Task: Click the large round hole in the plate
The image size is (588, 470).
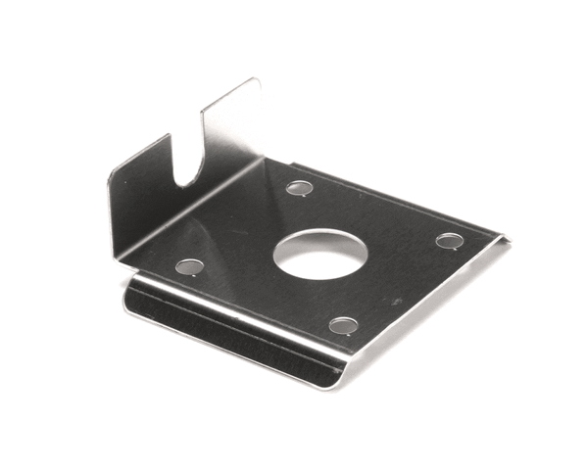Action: (319, 254)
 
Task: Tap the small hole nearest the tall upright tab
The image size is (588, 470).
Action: (299, 188)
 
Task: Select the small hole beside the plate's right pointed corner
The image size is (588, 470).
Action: (449, 241)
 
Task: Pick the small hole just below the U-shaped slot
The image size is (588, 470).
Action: (188, 266)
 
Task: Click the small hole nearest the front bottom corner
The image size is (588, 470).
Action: (343, 325)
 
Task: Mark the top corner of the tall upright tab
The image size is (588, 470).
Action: (257, 80)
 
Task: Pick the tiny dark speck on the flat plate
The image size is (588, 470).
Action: (397, 301)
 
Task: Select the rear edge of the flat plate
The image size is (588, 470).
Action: (392, 196)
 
